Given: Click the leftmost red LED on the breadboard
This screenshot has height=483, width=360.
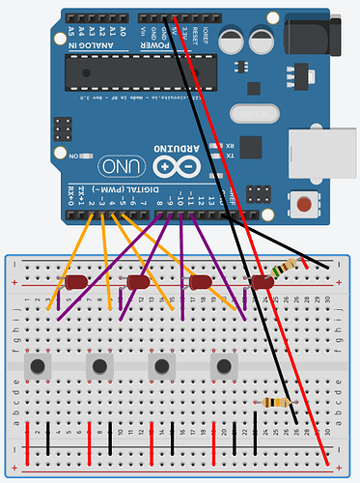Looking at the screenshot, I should point(76,283).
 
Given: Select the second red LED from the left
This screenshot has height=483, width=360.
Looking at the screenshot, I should point(138,283).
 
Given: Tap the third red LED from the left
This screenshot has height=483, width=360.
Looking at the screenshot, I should point(200,283).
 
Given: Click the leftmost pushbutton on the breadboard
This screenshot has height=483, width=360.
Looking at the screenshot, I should point(39,366).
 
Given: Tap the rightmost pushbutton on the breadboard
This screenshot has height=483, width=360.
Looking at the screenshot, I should point(225,366).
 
